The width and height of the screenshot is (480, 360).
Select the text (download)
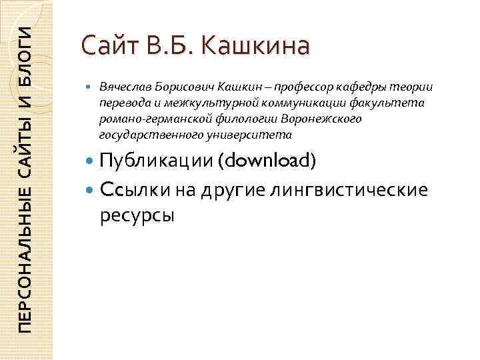(269, 161)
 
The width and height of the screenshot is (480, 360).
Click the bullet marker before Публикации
(90, 162)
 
